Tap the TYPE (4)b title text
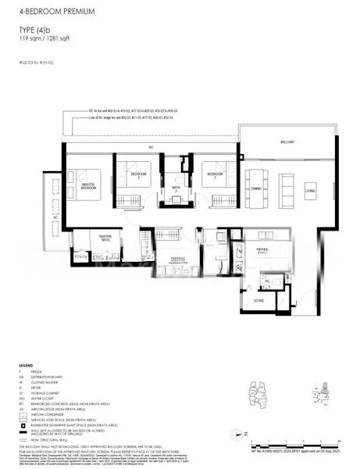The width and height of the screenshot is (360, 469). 36,30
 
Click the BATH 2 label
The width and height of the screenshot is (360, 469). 176,188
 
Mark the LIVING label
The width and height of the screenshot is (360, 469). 310,190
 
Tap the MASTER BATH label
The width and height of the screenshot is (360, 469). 106,238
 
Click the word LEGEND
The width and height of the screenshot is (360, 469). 27,365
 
